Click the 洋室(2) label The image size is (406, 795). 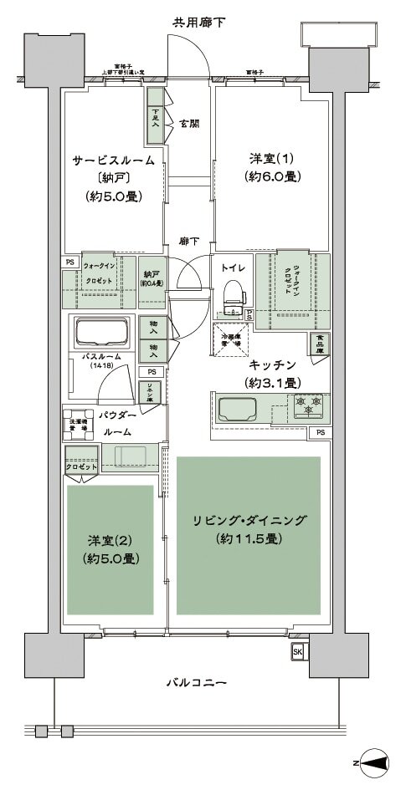[x=110, y=539]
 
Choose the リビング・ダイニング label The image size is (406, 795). [x=249, y=521]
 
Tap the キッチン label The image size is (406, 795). [x=273, y=365]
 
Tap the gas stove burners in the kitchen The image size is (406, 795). [x=308, y=406]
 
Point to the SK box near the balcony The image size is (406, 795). [x=297, y=650]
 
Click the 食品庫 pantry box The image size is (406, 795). [x=319, y=343]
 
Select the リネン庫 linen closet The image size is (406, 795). [x=151, y=392]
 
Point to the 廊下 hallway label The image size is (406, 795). [x=189, y=241]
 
